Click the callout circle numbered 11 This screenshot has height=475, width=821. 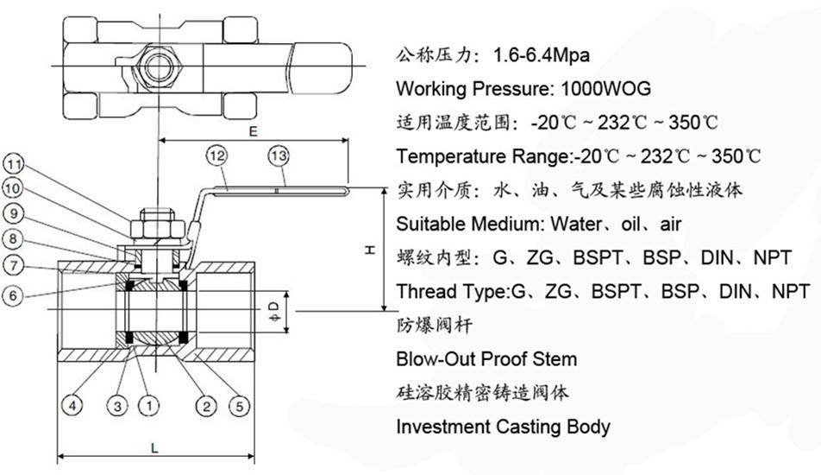tap(14, 165)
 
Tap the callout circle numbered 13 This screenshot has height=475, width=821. tap(279, 156)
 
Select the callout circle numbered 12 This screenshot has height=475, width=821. tap(217, 156)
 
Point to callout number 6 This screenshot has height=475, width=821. tap(13, 295)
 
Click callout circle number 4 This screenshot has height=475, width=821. tap(72, 405)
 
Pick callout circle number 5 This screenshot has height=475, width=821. tap(240, 406)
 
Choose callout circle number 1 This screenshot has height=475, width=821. tap(149, 405)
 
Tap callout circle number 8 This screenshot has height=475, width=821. tap(13, 239)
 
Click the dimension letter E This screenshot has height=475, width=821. tap(254, 130)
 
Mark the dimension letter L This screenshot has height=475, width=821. tap(154, 447)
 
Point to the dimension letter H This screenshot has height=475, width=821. tap(370, 250)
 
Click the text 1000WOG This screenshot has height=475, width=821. tap(605, 88)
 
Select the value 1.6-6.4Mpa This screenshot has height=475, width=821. tap(542, 54)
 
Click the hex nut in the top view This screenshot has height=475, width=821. tap(158, 67)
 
